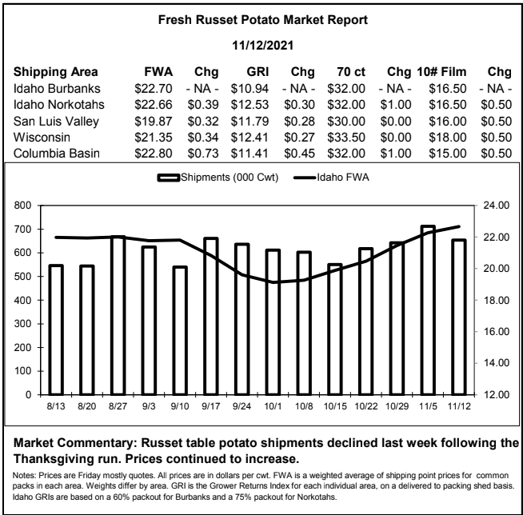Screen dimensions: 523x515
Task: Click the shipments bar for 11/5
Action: (x=428, y=310)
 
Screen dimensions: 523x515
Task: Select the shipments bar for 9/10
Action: (x=180, y=330)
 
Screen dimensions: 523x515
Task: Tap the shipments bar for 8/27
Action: (x=118, y=316)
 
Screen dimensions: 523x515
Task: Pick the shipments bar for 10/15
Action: (x=335, y=329)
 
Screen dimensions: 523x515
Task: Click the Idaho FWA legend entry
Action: (x=331, y=177)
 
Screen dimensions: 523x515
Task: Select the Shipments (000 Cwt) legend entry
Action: (x=218, y=177)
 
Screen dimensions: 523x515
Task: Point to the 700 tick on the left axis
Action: (x=22, y=230)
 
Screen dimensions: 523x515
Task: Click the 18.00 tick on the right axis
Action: (x=497, y=300)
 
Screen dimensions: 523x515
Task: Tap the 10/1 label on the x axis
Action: (x=273, y=406)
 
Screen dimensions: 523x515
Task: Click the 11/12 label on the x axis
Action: (x=459, y=406)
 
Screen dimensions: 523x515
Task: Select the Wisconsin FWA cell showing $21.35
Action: (x=154, y=138)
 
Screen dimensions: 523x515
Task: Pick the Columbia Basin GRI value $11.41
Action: (x=250, y=154)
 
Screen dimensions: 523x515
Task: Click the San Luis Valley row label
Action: (x=56, y=122)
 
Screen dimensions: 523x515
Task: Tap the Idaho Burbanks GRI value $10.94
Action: (x=250, y=89)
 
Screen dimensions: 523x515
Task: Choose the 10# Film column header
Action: (x=441, y=72)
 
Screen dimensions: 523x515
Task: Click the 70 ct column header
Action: (x=351, y=72)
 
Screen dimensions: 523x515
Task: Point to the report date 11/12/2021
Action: (x=263, y=46)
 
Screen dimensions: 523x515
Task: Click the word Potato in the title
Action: (x=258, y=20)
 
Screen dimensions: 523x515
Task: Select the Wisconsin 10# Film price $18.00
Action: (x=448, y=138)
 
